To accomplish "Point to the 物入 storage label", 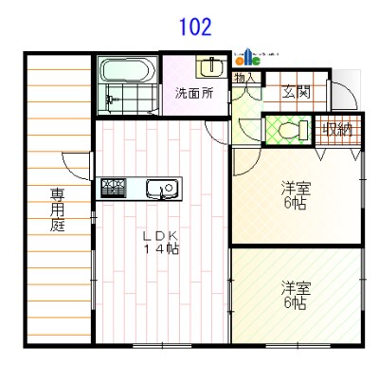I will (x=245, y=77).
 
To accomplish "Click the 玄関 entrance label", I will (x=296, y=92).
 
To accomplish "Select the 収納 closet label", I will (x=338, y=130).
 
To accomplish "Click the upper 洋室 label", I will (x=296, y=188).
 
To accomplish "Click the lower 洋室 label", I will (x=294, y=286).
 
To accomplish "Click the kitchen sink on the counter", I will (x=162, y=189).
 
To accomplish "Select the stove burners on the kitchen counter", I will (x=115, y=187).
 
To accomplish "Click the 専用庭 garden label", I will (x=58, y=210).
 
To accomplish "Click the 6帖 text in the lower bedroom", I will (x=294, y=303).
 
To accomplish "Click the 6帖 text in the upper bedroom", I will (x=296, y=204).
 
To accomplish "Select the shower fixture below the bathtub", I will (x=112, y=98).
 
